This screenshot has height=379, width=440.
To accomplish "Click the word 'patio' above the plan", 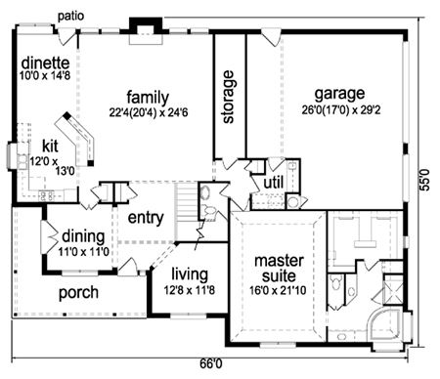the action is tap(70, 17).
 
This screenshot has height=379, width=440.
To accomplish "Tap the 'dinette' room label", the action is tap(45, 63).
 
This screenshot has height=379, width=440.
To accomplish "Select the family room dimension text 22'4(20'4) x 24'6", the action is tap(149, 112).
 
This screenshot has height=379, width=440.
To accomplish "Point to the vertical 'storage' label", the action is tap(228, 97).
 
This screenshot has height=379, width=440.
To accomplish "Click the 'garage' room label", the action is tap(339, 95).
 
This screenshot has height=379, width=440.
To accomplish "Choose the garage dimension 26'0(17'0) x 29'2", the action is tap(341, 110).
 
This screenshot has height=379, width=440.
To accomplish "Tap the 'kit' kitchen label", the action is tap(50, 147).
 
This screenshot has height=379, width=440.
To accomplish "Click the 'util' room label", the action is tap(274, 183).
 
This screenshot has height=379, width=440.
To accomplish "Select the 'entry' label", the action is tap(146, 218).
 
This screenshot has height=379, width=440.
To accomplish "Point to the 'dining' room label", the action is tap(83, 236).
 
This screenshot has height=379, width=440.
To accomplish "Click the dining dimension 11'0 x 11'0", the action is tap(83, 252).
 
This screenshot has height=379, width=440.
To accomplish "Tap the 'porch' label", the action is tap(78, 293).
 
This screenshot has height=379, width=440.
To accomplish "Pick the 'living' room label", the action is tap(190, 274).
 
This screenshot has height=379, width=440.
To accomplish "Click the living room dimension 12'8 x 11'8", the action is tap(190, 290).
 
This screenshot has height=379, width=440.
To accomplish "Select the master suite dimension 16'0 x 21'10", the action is tap(278, 290).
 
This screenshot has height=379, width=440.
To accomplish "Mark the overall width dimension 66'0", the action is tap(210, 363).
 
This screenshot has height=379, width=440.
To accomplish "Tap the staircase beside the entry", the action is tap(186, 212).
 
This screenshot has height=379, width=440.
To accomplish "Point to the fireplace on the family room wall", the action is tap(146, 30).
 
